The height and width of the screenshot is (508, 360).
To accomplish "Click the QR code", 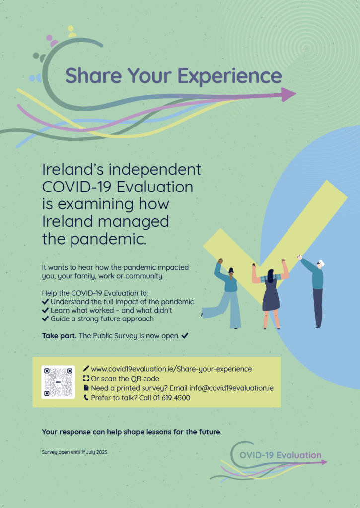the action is click(x=58, y=382).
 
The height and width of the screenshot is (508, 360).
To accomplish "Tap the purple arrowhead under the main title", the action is click(x=288, y=95).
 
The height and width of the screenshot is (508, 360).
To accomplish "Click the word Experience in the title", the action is click(x=229, y=76).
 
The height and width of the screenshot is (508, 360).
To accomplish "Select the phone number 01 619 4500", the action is click(x=172, y=398).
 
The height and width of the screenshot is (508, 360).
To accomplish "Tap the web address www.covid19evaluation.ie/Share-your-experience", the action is click(x=171, y=369).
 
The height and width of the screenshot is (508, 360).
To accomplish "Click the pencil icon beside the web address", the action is click(x=86, y=369).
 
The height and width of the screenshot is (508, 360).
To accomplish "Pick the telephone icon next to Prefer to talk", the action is click(x=86, y=397).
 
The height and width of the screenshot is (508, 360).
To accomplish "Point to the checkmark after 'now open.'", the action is click(x=185, y=336).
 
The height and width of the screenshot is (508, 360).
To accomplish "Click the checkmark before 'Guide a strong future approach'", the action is click(x=45, y=319).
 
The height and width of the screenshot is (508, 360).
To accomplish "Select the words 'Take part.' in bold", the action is click(x=60, y=336).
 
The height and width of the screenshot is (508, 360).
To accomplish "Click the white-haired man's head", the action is click(x=320, y=264).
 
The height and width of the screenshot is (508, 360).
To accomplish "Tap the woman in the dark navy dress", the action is click(x=270, y=294).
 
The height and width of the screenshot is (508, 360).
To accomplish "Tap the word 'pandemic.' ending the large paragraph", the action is click(x=108, y=240).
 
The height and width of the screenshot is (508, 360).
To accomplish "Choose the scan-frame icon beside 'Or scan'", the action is click(x=86, y=378).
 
